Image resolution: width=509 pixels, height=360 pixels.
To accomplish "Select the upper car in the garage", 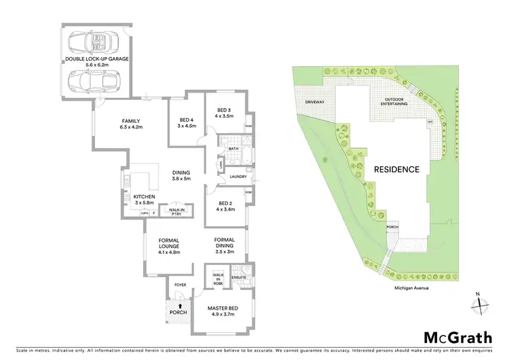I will (x=97, y=42).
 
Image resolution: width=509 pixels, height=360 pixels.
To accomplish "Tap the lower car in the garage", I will (x=97, y=82).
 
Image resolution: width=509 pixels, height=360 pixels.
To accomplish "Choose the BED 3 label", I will (x=224, y=113).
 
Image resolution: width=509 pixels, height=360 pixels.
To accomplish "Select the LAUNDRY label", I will (x=238, y=177).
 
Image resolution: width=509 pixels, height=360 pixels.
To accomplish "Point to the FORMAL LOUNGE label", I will (x=168, y=244).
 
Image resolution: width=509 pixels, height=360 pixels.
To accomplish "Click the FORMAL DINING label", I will (x=224, y=244).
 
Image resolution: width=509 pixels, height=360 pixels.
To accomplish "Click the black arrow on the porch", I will (x=177, y=307).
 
